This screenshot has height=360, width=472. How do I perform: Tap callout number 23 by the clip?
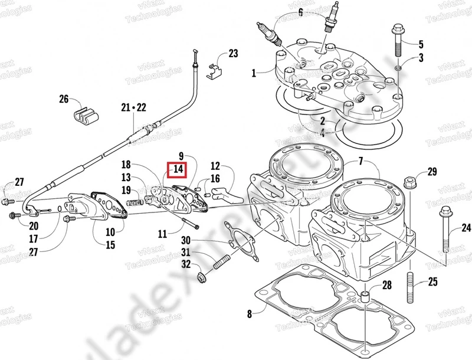(233, 54)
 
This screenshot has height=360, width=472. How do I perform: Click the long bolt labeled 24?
(445, 230)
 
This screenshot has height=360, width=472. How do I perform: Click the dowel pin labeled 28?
(366, 295)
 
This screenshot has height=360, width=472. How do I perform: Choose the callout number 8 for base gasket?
(250, 314)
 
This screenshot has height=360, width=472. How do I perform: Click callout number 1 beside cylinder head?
(254, 73)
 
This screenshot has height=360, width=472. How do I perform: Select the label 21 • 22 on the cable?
(133, 107)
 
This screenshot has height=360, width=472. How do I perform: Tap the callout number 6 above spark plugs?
(300, 11)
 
